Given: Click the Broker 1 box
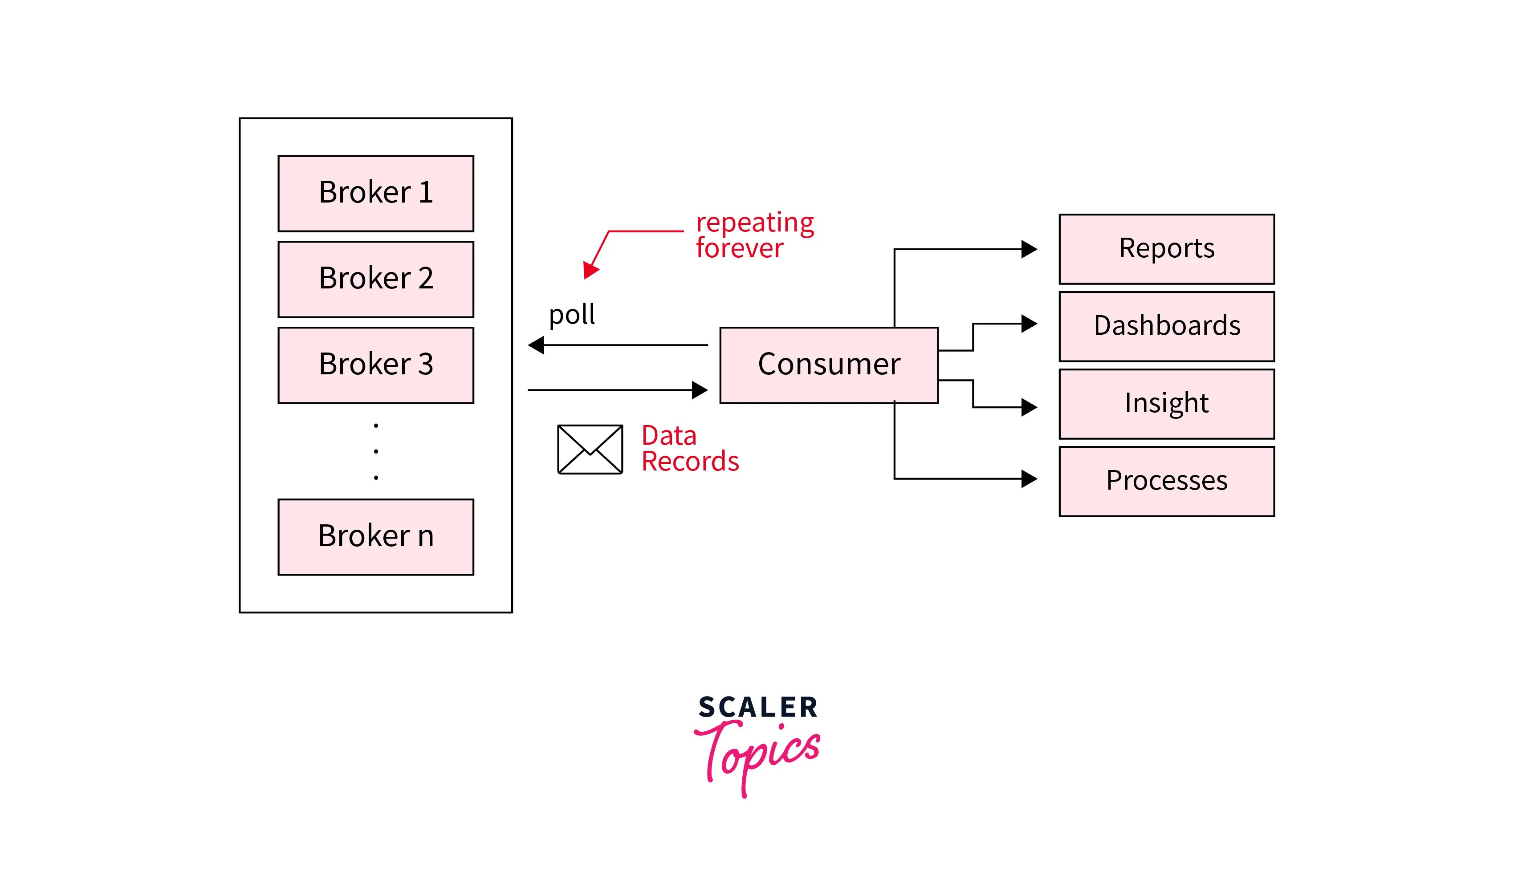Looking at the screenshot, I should point(375,193).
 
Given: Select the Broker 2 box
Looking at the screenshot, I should point(375,279).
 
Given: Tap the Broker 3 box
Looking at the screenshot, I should point(375,365).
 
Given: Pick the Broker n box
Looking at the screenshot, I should point(375,537).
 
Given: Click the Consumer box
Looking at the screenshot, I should point(829,365).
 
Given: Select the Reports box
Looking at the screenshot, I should point(1166,249).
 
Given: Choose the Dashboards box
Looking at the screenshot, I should point(1166,326).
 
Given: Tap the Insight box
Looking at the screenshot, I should point(1166,404).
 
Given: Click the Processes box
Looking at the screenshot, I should point(1166,481).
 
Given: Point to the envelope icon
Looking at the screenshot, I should point(590,449).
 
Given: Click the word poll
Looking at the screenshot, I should point(571,315).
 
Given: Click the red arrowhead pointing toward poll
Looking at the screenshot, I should point(590,270).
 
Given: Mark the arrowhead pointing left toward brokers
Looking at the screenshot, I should point(536,345).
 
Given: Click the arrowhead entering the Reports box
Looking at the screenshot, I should point(1029,249).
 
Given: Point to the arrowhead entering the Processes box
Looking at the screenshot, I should point(1029,478).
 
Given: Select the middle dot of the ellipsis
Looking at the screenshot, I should point(376,451).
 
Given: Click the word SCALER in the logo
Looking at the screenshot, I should point(757,707).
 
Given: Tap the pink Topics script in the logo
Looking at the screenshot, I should point(757,754).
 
